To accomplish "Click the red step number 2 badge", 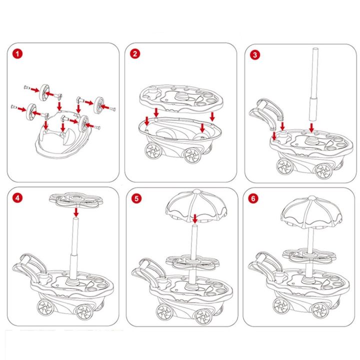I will (x=135, y=53).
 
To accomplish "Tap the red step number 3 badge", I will (x=255, y=54).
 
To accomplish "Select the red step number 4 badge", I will (x=19, y=198).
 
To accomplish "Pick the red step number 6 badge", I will (x=255, y=198).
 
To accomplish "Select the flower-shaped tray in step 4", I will (x=75, y=200).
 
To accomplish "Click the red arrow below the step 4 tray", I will (x=76, y=212).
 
